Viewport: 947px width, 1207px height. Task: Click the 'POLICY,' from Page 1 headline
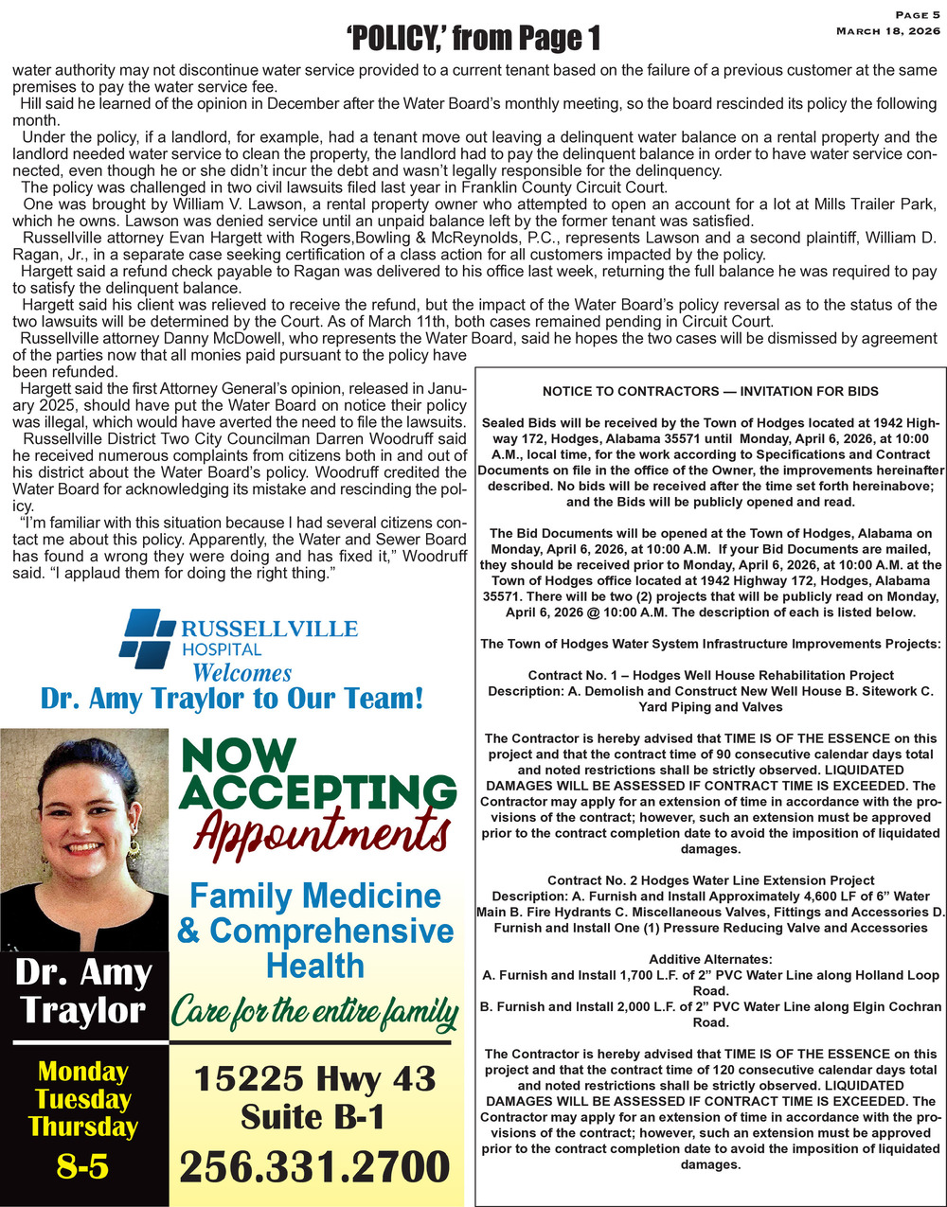click(474, 39)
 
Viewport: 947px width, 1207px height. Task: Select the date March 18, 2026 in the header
click(887, 31)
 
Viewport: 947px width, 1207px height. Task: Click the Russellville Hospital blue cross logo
click(147, 634)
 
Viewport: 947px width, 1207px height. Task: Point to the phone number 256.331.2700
click(315, 1167)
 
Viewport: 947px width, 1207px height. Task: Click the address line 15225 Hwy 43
click(315, 1078)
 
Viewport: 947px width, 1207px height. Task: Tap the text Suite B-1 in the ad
click(315, 1117)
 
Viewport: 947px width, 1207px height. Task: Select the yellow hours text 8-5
click(82, 1167)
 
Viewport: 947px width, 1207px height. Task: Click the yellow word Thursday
click(82, 1127)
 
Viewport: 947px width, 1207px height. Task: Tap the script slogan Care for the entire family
click(314, 1016)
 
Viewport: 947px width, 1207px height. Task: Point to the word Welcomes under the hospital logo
click(241, 673)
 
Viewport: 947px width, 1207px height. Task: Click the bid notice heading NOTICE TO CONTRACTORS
click(710, 391)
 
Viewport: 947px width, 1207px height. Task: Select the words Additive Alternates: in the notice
click(710, 959)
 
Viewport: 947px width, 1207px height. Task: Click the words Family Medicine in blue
click(315, 896)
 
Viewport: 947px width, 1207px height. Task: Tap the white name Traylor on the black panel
click(82, 1009)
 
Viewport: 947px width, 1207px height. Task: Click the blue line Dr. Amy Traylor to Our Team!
click(232, 700)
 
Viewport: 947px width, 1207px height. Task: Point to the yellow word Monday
click(82, 1072)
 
